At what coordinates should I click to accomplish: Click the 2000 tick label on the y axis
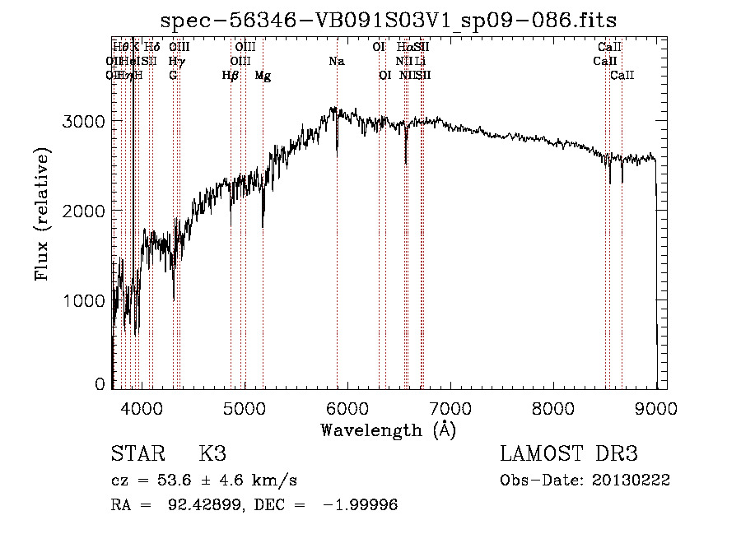86,211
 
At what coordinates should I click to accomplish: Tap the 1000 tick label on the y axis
86,300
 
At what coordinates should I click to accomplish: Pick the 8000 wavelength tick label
553,408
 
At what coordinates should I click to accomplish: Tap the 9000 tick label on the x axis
656,408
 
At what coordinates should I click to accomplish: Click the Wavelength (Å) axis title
388,430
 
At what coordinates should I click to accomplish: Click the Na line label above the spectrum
336,61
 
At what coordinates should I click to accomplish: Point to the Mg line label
263,75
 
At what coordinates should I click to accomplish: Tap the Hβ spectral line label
231,75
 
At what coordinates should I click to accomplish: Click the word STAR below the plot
137,454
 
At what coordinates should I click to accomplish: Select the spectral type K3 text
212,454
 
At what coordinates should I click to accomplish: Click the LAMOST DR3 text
569,454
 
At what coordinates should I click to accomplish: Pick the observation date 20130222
631,481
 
